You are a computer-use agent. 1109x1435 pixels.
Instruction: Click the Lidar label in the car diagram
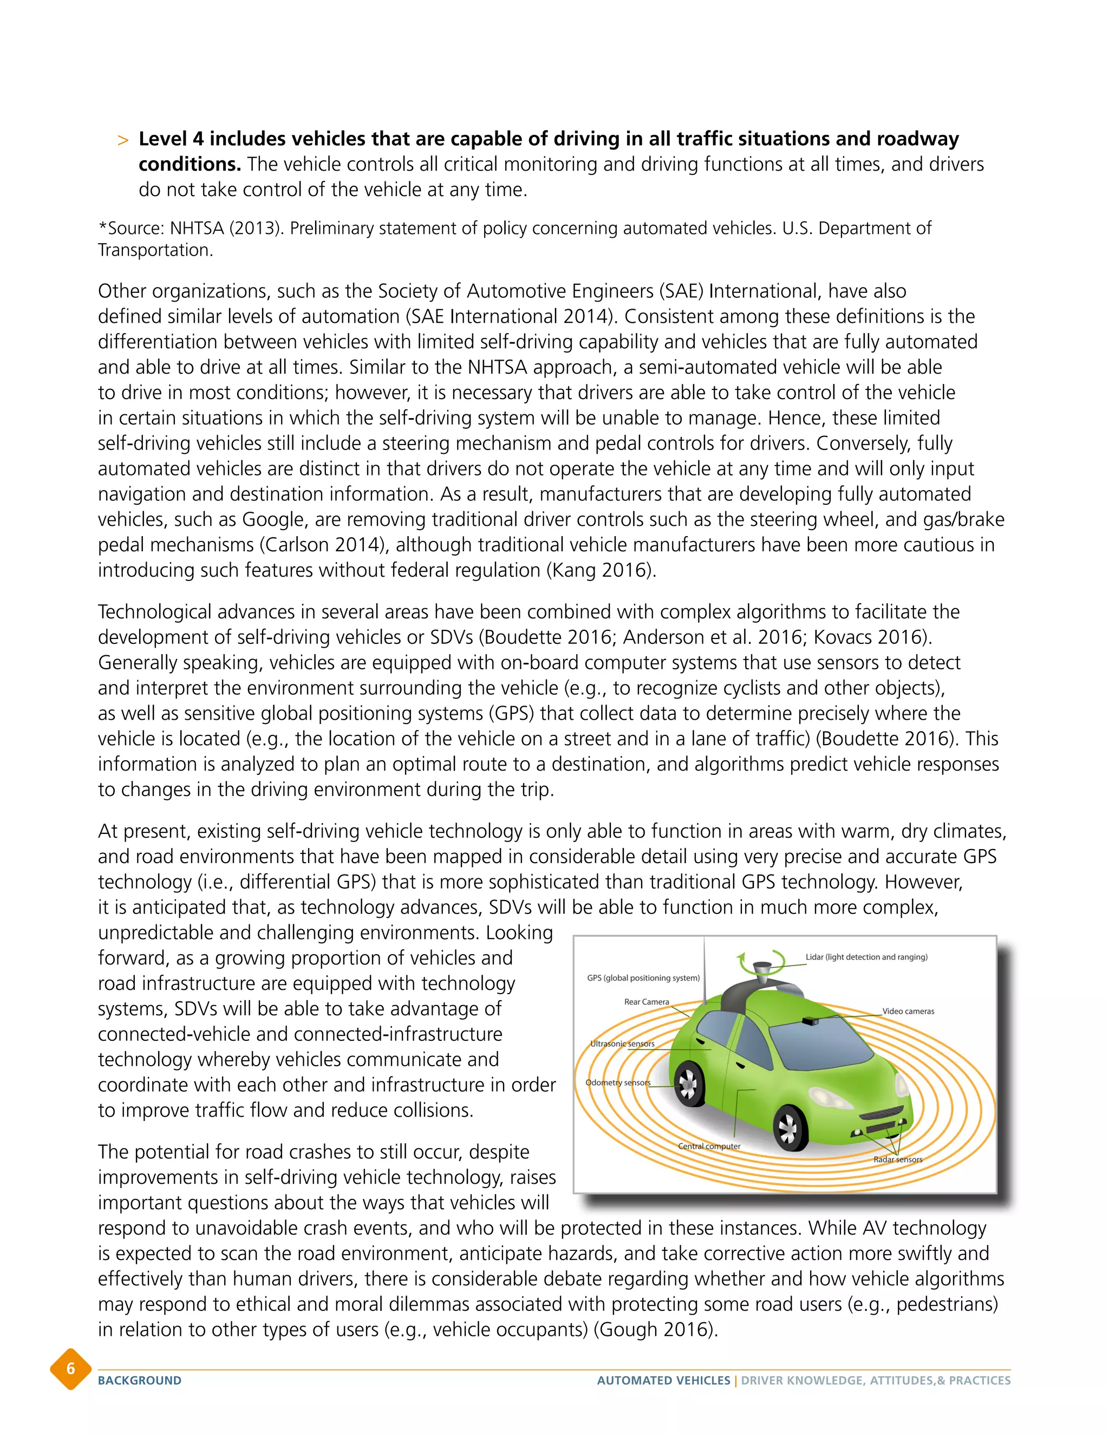click(866, 957)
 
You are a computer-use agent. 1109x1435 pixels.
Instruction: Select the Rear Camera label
click(646, 1002)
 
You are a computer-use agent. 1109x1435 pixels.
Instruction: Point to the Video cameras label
click(908, 1011)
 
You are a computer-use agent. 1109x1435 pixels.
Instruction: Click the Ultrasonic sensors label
click(622, 1043)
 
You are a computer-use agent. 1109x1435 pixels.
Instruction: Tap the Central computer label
click(708, 1146)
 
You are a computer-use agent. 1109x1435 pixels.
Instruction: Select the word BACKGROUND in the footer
click(139, 1380)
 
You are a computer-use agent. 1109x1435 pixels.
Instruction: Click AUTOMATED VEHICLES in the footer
click(663, 1380)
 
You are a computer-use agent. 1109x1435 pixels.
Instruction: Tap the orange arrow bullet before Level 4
click(122, 140)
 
